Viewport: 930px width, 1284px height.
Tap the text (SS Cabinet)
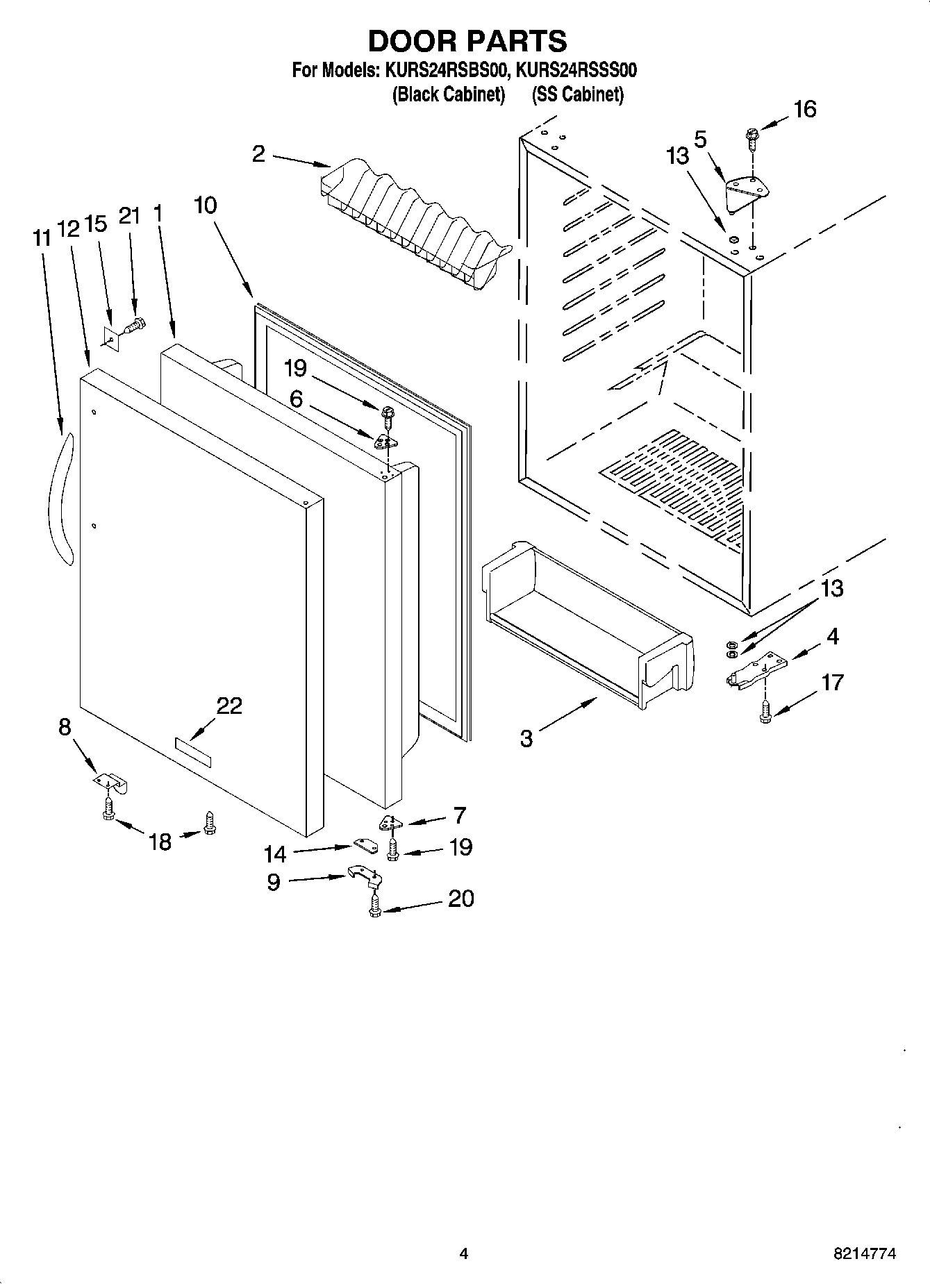click(x=577, y=95)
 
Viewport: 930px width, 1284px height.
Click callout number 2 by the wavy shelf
click(x=258, y=153)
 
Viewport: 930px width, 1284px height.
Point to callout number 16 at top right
click(x=805, y=109)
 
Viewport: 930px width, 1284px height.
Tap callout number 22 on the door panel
click(x=229, y=706)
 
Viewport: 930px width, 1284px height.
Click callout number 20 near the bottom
click(x=460, y=899)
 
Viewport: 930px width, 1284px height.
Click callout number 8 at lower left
click(x=65, y=727)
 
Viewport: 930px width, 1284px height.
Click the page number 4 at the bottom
click(x=464, y=1253)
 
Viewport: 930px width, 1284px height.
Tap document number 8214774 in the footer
click(x=865, y=1253)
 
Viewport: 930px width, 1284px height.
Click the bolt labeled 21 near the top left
click(x=134, y=324)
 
